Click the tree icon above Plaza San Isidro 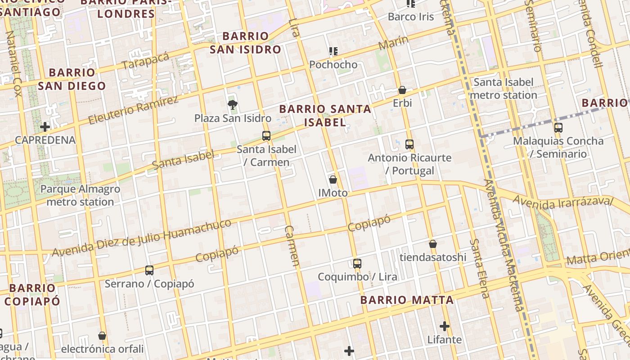tap(233, 105)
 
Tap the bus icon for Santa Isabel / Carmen tap(266, 135)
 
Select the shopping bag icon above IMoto tap(333, 180)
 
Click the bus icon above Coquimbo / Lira tap(357, 263)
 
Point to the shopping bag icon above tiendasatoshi tap(433, 244)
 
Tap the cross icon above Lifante tap(445, 326)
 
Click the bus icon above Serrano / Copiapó tap(149, 270)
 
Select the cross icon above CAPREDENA tap(45, 126)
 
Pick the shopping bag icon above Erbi tap(402, 90)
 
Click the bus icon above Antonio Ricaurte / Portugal tap(409, 144)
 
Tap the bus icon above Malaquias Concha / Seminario tap(558, 128)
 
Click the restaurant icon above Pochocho tap(333, 51)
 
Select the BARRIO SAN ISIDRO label tap(245, 43)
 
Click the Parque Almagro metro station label tap(80, 195)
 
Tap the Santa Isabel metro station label tap(503, 89)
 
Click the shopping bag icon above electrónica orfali tap(102, 336)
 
